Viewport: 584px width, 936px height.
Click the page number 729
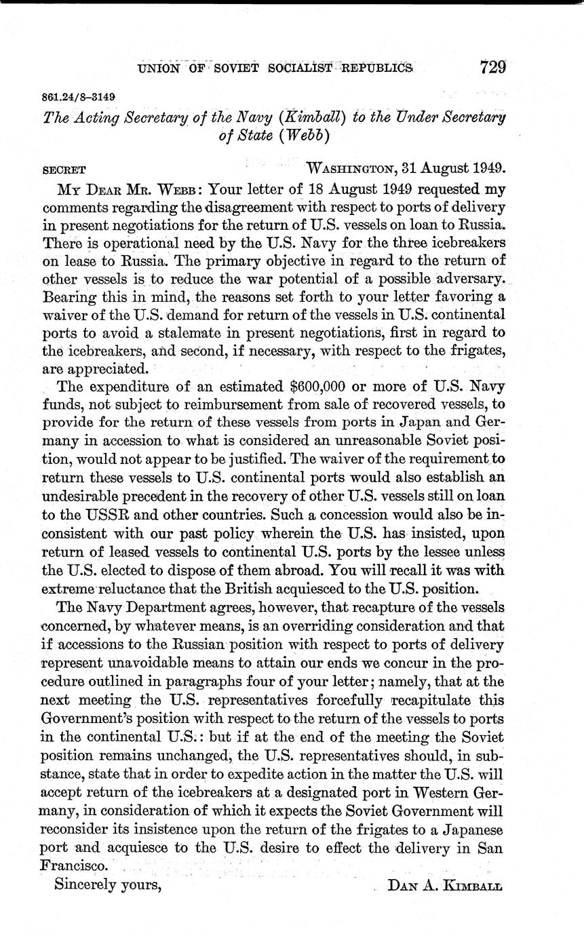(x=492, y=68)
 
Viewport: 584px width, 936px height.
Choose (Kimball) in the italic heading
(x=309, y=118)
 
